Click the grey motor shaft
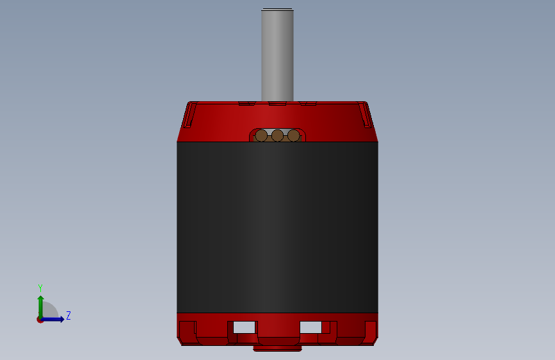[277, 56]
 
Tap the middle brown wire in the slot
[277, 135]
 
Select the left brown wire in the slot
[261, 135]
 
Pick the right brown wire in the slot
[293, 135]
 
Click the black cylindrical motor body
[277, 227]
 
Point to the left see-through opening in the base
[244, 327]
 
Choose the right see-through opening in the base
[310, 327]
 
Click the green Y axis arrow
[41, 307]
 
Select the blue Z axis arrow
[52, 319]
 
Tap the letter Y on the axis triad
[40, 288]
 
